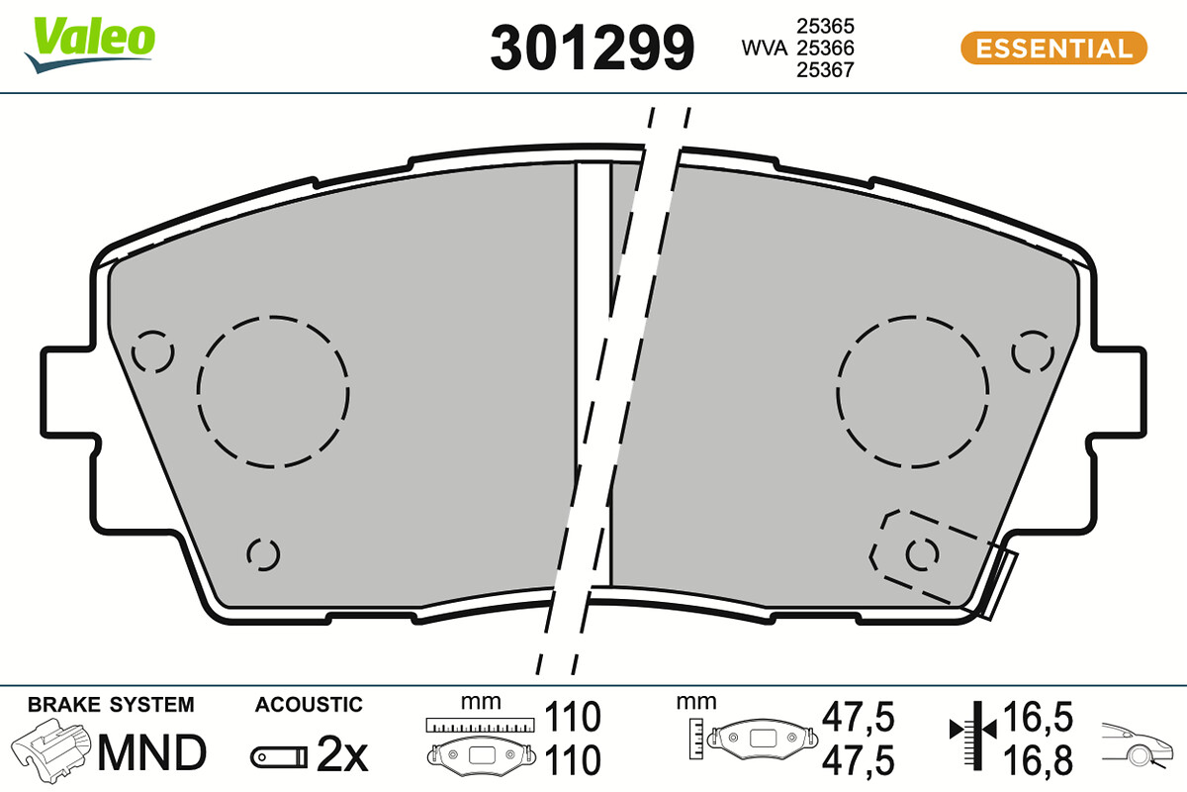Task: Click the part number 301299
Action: (592, 48)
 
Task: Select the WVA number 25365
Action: (825, 26)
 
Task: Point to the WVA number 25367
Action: (825, 70)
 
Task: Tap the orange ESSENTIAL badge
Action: (1053, 49)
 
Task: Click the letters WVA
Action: (764, 49)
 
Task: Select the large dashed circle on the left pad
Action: (273, 392)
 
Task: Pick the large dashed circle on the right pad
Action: (912, 392)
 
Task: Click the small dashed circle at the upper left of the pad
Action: (152, 351)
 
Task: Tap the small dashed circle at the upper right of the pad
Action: (1033, 351)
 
